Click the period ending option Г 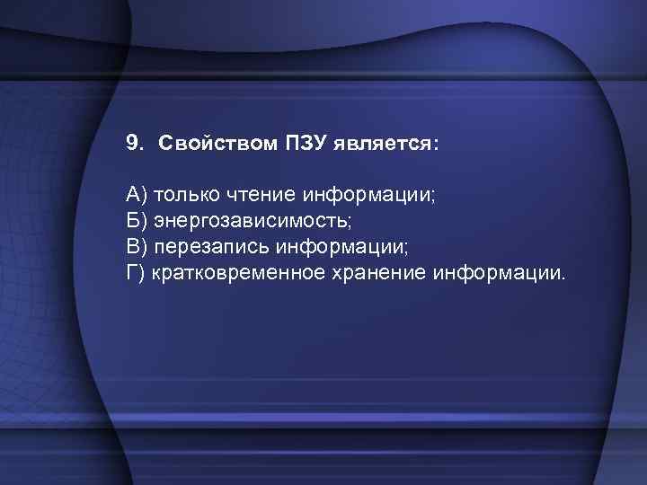tap(564, 278)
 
